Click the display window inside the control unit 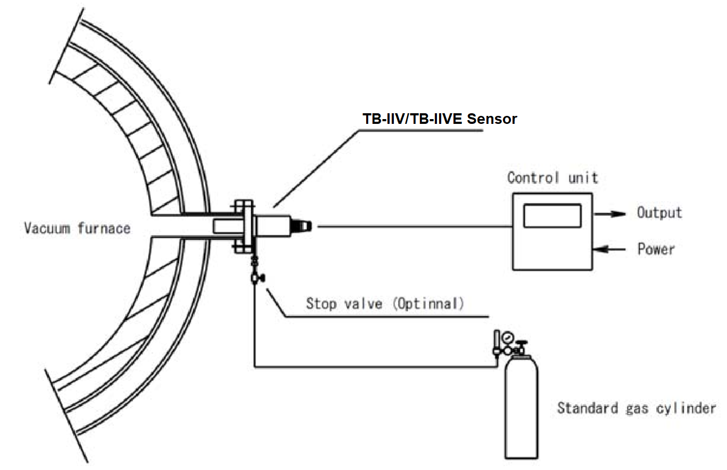[552, 216]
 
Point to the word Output [659, 213]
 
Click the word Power [656, 248]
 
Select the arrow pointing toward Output [610, 214]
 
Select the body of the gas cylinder [521, 409]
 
